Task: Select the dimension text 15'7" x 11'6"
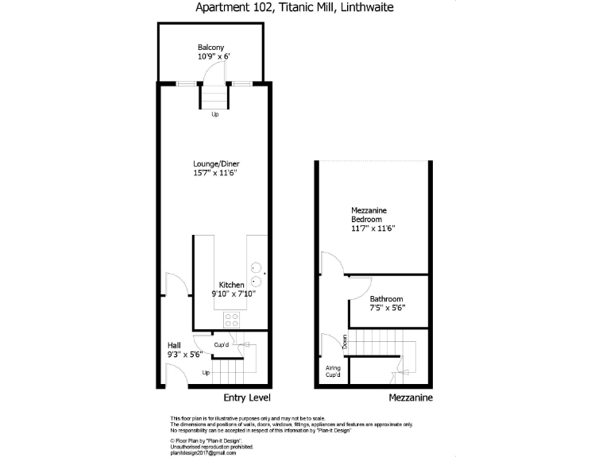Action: tap(214, 172)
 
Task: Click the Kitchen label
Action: tap(232, 285)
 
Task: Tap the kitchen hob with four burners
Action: tap(233, 320)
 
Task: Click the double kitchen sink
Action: tap(257, 275)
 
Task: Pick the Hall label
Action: tap(173, 345)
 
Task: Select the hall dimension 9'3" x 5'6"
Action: tap(184, 355)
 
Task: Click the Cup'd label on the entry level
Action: tap(222, 344)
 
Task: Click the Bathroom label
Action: tap(386, 299)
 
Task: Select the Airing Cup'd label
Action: tap(333, 371)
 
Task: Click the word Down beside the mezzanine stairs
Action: tap(345, 342)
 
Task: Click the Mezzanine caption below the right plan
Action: tap(411, 397)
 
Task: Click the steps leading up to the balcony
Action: tap(214, 97)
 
